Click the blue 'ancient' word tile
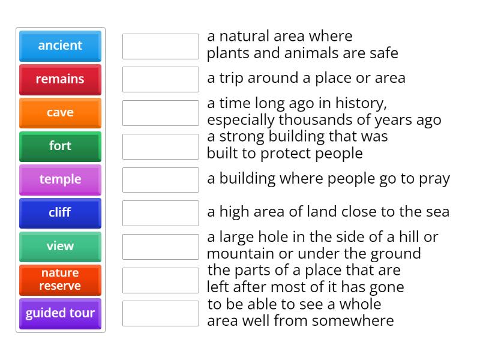60,46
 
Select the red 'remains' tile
60,79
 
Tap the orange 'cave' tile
60,113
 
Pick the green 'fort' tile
60,146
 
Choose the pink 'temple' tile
60,179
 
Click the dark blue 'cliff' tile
60,213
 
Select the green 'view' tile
60,246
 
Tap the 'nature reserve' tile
60,280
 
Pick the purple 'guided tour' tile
60,313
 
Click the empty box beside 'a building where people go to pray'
160,179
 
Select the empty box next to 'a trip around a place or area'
160,79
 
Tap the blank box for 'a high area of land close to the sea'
160,213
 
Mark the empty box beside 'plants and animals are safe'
160,46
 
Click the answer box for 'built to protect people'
160,146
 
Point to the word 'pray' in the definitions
433,179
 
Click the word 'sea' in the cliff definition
436,212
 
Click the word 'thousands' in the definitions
315,120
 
